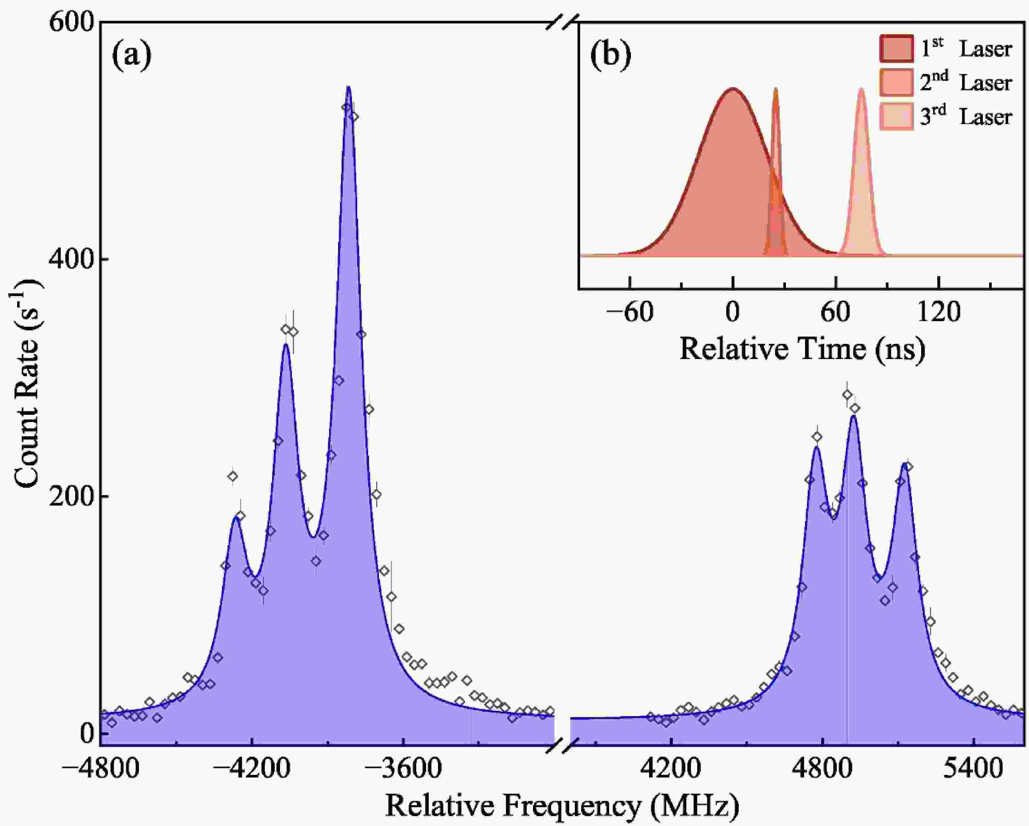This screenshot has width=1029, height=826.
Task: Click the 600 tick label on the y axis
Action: point(72,23)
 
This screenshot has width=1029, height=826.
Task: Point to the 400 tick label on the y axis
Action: point(72,259)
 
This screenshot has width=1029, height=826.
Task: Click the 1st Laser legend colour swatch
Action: point(896,49)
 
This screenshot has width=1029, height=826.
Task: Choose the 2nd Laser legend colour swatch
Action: point(896,83)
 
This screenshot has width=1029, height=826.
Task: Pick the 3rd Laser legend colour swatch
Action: point(896,116)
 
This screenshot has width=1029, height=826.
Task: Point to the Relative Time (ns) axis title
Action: point(802,349)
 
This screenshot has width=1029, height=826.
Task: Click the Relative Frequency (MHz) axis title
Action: point(562,806)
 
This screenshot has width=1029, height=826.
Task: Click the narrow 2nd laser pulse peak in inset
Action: point(776,89)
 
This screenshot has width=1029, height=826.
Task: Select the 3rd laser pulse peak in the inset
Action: point(861,89)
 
